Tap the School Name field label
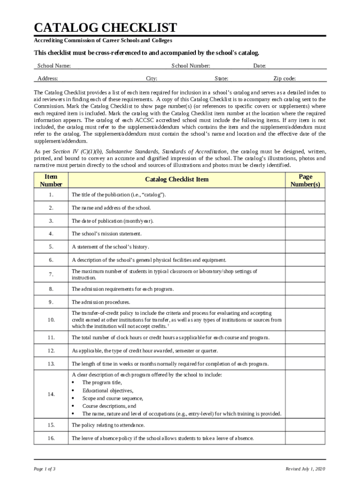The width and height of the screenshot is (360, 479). pyautogui.click(x=54, y=66)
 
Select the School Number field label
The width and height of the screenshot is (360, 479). pyautogui.click(x=191, y=66)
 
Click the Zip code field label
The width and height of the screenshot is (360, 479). pyautogui.click(x=284, y=79)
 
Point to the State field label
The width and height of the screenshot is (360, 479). pyautogui.click(x=221, y=79)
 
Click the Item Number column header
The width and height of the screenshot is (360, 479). pyautogui.click(x=50, y=180)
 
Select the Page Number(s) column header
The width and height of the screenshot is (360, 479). pyautogui.click(x=305, y=180)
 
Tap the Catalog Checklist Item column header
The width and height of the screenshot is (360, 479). pyautogui.click(x=177, y=180)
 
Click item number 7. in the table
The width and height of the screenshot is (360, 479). pyautogui.click(x=50, y=275)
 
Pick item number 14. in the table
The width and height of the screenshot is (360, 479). pyautogui.click(x=51, y=394)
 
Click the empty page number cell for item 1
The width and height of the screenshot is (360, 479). pyautogui.click(x=305, y=195)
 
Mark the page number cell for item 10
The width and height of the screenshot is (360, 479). pyautogui.click(x=305, y=319)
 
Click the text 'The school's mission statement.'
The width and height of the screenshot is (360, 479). pyautogui.click(x=107, y=233)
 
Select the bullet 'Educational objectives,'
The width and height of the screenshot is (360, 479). pyautogui.click(x=108, y=391)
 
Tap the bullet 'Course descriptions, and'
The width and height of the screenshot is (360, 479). pyautogui.click(x=109, y=406)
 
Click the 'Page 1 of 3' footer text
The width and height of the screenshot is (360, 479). pyautogui.click(x=45, y=469)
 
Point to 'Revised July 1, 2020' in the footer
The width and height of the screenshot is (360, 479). pyautogui.click(x=305, y=469)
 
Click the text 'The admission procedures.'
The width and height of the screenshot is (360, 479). pyautogui.click(x=101, y=302)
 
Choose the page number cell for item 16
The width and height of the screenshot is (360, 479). pyautogui.click(x=305, y=438)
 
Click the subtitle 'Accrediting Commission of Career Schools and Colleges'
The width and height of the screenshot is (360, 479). pyautogui.click(x=106, y=41)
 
